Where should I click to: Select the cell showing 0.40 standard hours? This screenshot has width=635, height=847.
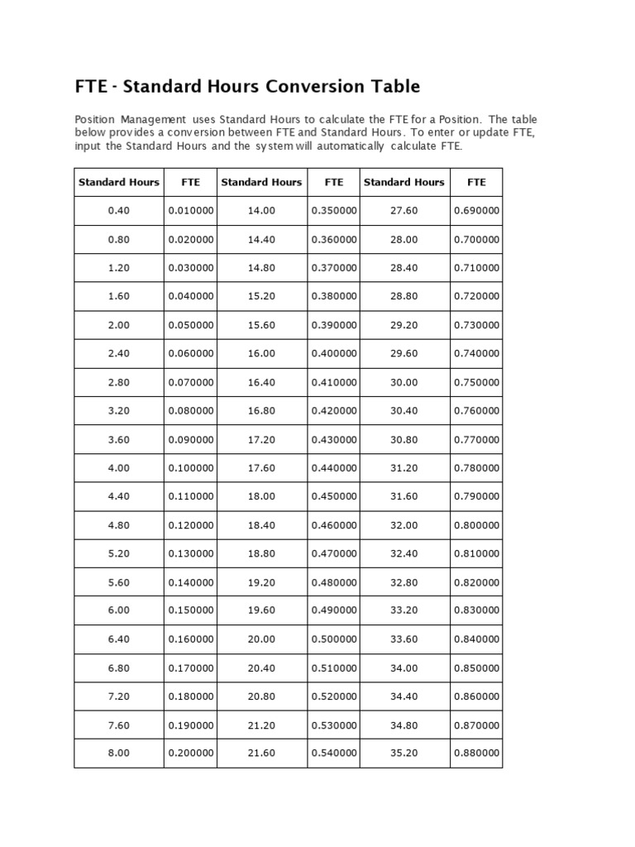[x=119, y=211]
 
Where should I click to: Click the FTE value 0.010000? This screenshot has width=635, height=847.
[x=191, y=211]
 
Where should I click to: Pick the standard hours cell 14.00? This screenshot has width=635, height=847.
[x=261, y=211]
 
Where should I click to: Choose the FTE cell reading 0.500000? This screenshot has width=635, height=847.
[x=334, y=639]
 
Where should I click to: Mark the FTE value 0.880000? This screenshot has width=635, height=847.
[x=476, y=753]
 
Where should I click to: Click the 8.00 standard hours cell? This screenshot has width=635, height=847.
[x=119, y=753]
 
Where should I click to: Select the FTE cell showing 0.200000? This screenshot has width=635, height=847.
[x=191, y=753]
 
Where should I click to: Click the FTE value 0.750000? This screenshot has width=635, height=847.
[x=476, y=382]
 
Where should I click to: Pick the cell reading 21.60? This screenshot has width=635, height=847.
[x=261, y=753]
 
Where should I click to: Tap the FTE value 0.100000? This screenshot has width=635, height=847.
[x=191, y=467]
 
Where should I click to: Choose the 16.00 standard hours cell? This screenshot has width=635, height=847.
[x=261, y=353]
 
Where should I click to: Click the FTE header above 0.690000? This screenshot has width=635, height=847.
[x=476, y=182]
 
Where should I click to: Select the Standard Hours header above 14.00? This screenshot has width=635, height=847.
[x=261, y=182]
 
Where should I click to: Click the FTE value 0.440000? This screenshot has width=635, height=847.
[x=334, y=467]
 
